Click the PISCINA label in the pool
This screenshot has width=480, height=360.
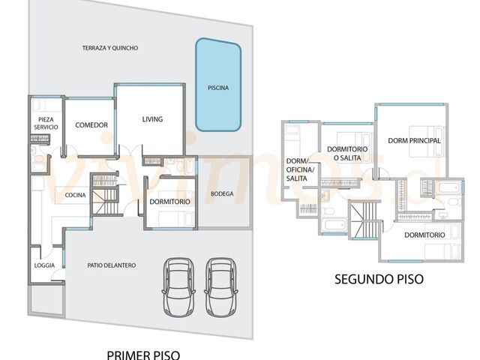218,88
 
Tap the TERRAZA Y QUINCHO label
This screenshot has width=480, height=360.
110,48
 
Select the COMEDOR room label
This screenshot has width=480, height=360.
91,125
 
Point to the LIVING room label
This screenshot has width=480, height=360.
152,119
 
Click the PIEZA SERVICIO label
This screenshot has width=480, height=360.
46,123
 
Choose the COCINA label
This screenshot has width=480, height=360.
75,195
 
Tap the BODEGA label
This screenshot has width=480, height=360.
222,193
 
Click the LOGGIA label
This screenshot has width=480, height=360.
44,265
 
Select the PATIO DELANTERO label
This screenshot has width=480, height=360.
112,265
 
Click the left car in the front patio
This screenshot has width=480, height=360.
178,287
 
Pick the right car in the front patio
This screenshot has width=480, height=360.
221,287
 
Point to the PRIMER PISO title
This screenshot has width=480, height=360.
143,355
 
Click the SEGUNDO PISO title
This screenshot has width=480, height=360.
379,279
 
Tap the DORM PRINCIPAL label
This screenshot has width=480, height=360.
414,141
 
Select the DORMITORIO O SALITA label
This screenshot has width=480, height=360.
347,153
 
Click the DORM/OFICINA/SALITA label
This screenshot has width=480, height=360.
300,169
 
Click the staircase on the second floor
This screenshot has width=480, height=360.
364,219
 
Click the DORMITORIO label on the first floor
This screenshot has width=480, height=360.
170,202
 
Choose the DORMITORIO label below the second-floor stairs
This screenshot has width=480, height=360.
424,235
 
